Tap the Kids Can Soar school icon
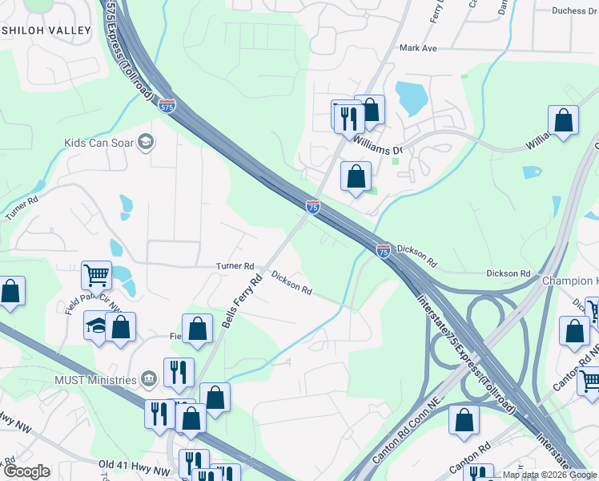[145, 143]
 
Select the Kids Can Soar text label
[98, 143]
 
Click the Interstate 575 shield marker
[167, 106]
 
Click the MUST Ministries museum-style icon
[148, 378]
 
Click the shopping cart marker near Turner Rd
[96, 275]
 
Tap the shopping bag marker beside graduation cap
[121, 326]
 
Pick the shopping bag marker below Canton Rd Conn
[464, 419]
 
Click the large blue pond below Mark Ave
[412, 99]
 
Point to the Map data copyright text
[549, 475]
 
